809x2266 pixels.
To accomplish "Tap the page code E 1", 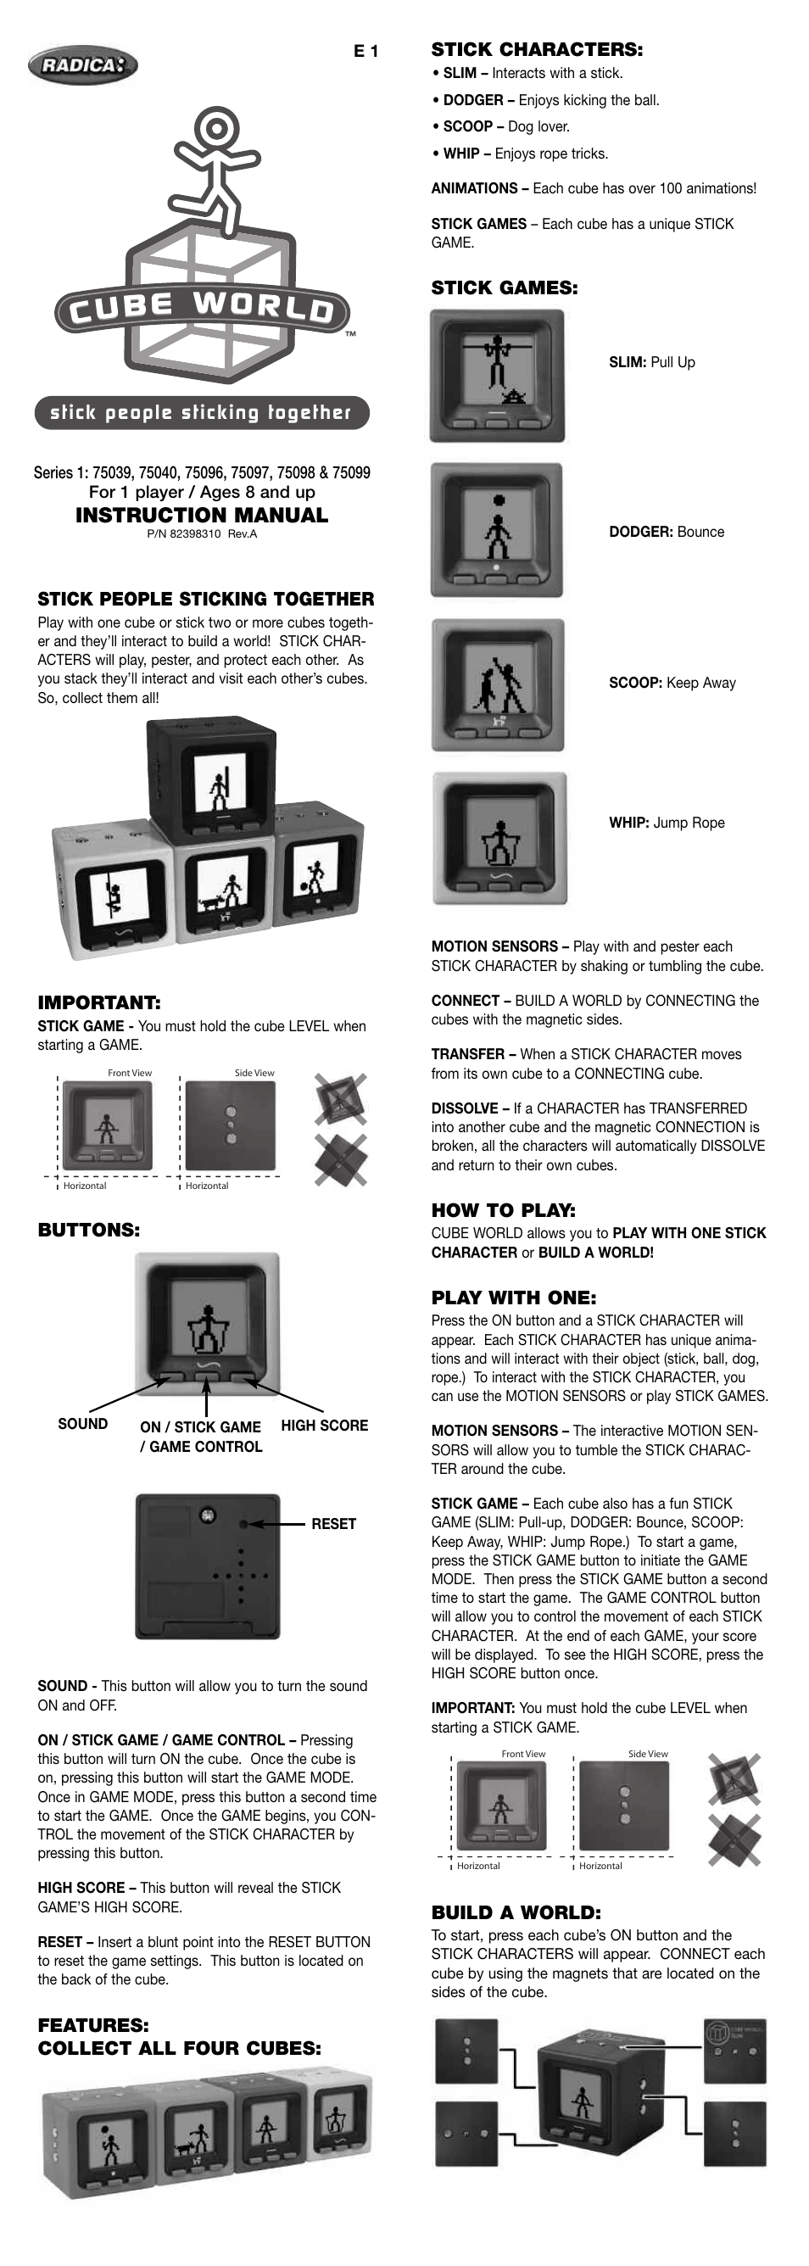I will pos(365,52).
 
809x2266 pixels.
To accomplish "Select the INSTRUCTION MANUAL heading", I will pos(201,515).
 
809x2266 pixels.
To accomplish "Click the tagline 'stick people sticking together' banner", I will pos(201,412).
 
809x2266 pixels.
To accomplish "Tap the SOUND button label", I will pos(82,1423).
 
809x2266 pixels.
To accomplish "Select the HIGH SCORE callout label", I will pos(325,1425).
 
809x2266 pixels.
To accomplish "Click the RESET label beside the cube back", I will pos(333,1524).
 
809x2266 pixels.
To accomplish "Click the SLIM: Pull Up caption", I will pos(651,362).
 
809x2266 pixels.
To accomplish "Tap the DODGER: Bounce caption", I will pos(667,533).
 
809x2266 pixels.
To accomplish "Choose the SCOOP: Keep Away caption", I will pos(672,683).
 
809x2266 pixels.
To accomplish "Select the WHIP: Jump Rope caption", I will pos(667,823).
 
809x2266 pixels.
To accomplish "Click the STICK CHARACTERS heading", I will pos(537,49).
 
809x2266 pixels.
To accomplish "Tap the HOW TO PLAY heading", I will pos(503,1209).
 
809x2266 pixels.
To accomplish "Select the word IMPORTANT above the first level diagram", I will pos(98,1002).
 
